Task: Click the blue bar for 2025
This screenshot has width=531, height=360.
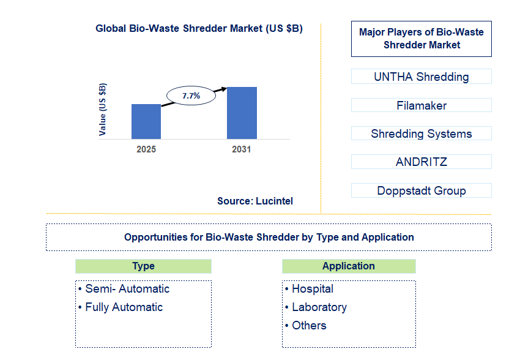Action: (146, 121)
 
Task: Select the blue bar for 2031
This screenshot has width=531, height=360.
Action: (242, 113)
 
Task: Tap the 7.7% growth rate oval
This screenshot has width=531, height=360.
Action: (191, 96)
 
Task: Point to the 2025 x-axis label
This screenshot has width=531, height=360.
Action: (146, 149)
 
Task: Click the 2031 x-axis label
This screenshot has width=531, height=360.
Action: (242, 149)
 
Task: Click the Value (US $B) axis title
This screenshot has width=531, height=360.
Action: (102, 109)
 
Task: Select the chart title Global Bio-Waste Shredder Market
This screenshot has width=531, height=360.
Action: (199, 29)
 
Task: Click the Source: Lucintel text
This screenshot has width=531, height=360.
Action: (255, 201)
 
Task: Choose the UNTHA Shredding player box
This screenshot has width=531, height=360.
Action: (421, 77)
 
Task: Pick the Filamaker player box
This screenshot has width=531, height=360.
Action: (421, 105)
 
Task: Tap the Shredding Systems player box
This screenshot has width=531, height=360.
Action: (421, 133)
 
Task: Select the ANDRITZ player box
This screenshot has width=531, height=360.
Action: (421, 162)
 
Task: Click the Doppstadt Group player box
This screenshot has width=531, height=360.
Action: (421, 190)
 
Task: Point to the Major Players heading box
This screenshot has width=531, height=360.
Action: (421, 39)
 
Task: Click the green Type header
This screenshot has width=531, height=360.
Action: (143, 266)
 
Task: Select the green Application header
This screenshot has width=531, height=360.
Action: (349, 266)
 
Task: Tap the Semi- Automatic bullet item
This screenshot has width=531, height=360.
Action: (124, 289)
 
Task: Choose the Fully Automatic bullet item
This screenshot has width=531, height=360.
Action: (121, 307)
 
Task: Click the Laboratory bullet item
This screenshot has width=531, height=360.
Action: (316, 307)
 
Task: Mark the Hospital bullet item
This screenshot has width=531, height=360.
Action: (309, 289)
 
